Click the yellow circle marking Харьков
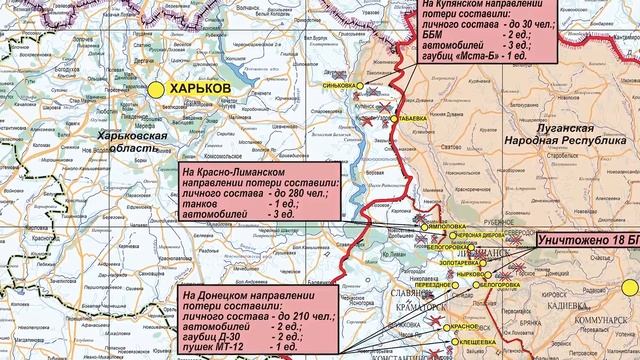157,89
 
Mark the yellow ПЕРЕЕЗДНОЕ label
434,285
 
